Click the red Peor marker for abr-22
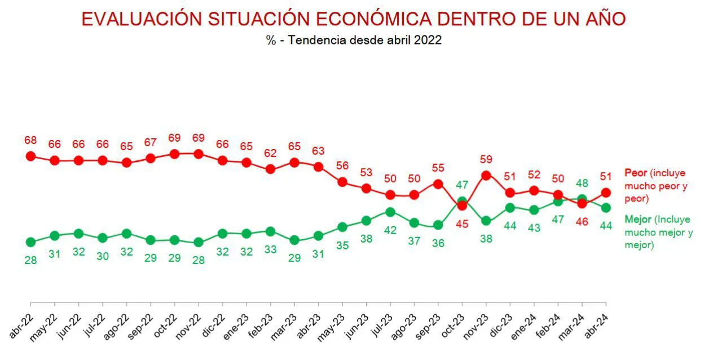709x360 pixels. [x=31, y=156]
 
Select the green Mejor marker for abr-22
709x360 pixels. [x=31, y=242]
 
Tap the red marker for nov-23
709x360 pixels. [x=486, y=175]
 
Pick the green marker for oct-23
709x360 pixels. [x=463, y=201]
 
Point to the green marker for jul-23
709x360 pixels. [x=390, y=212]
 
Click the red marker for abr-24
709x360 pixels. [x=606, y=192]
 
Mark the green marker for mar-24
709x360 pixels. [x=582, y=199]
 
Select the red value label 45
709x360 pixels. [x=463, y=223]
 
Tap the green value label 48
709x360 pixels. [x=582, y=183]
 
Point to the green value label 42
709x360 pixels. [x=390, y=230]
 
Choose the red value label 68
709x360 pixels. [x=31, y=139]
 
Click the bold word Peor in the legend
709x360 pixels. [x=635, y=172]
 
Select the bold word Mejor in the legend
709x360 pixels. [x=637, y=219]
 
